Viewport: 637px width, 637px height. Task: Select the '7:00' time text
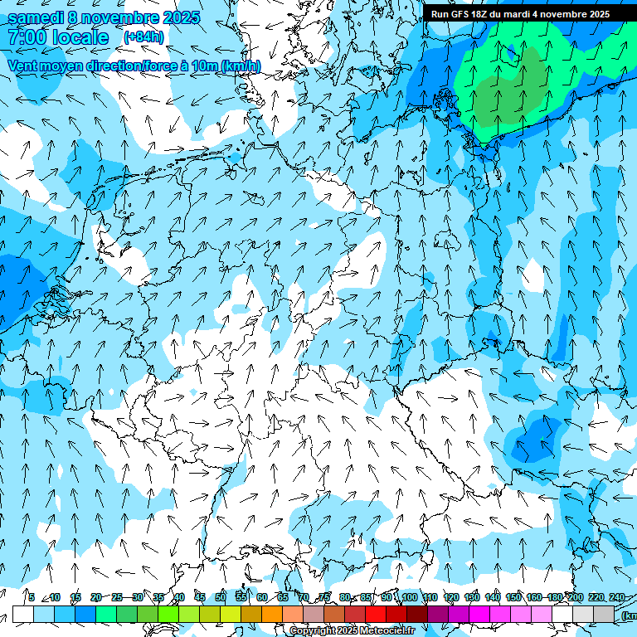[25, 37]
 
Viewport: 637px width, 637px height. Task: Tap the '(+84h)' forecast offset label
[143, 36]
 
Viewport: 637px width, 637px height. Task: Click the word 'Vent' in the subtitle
[23, 66]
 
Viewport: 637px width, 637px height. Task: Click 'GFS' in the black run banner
[463, 14]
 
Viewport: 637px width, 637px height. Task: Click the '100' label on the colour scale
[410, 598]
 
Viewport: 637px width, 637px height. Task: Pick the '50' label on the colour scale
[221, 598]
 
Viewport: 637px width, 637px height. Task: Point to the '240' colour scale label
[616, 598]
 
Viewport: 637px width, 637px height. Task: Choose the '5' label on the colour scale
[32, 598]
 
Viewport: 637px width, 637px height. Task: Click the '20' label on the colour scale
[96, 598]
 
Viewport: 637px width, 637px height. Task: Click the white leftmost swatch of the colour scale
[22, 615]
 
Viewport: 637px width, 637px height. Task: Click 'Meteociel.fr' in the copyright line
[387, 631]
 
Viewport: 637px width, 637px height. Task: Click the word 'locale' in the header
[80, 37]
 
